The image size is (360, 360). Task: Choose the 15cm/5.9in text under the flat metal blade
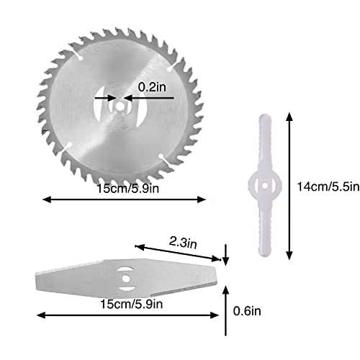[127, 305]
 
